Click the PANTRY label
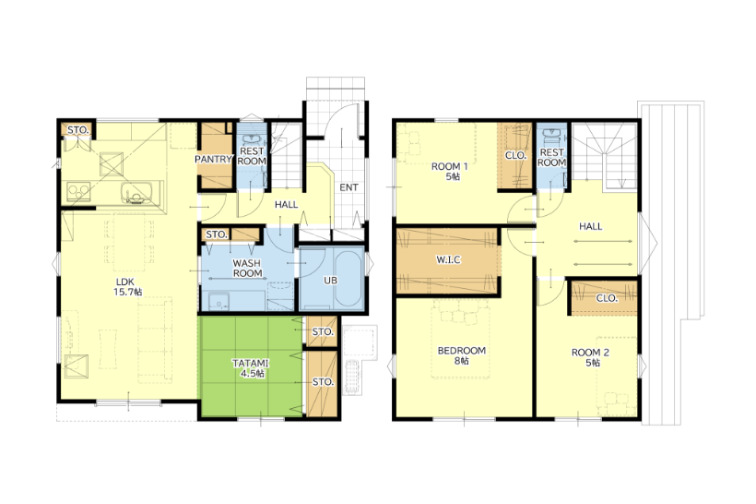[214, 159]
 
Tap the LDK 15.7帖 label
[127, 287]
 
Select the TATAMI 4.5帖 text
[250, 368]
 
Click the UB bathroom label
[330, 280]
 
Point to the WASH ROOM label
[247, 268]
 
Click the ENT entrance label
[348, 187]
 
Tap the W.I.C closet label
[448, 259]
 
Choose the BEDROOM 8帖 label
[461, 355]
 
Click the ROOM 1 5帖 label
[450, 172]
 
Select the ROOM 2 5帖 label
[590, 357]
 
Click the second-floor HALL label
[591, 226]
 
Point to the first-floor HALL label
[287, 205]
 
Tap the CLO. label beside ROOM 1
[515, 156]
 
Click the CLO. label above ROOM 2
[607, 298]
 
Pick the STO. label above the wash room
[217, 234]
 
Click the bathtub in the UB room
[348, 279]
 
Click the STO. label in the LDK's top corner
[78, 130]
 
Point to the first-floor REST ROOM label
[251, 156]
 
